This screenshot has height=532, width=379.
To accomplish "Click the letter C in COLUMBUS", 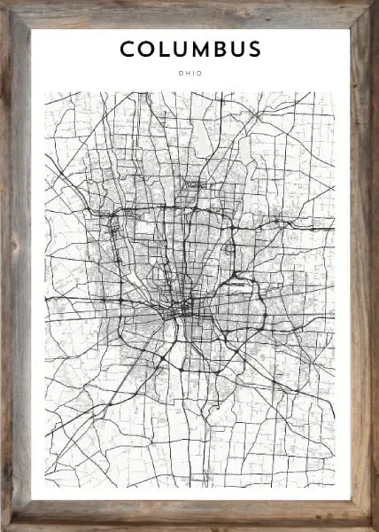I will point(127,50).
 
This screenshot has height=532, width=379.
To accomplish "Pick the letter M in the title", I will point(202,50).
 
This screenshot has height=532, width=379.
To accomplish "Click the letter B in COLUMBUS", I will point(221,50).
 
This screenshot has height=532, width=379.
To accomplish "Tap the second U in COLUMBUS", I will point(239,50).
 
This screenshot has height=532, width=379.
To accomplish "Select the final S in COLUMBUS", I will point(255,50).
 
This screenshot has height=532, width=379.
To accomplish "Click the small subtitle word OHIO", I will point(189,74).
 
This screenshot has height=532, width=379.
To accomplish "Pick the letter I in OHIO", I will point(192,74).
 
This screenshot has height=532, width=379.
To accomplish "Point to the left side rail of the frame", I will point(15,266).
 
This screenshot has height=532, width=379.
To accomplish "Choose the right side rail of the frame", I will point(363,266).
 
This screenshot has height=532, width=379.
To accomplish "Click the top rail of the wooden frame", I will point(189,14).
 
